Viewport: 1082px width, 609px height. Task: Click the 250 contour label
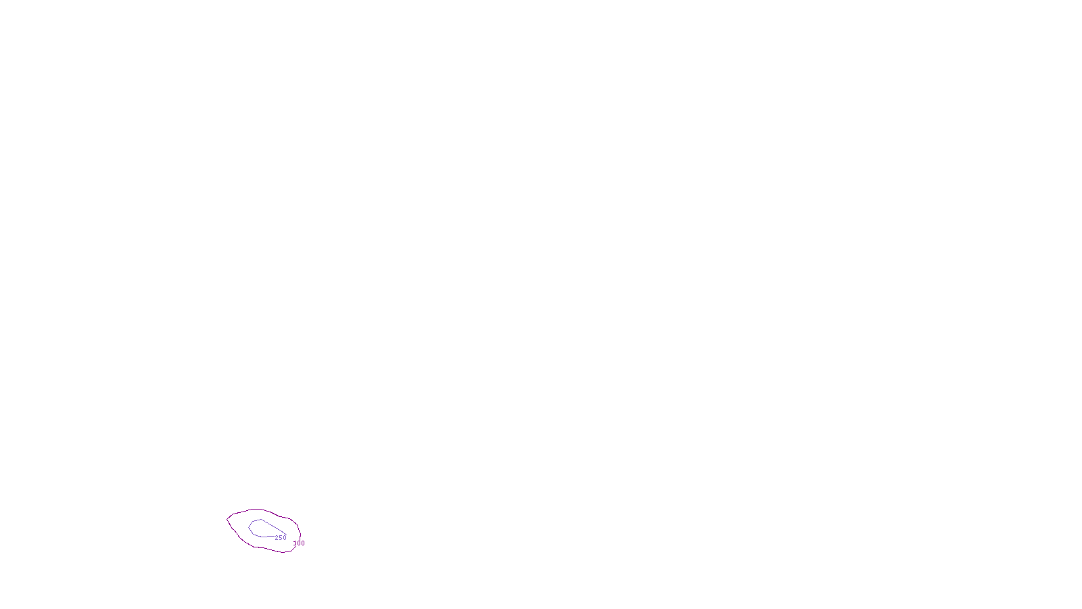tap(281, 538)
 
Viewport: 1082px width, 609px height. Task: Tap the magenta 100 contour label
tap(299, 543)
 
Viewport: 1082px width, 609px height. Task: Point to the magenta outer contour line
tap(257, 509)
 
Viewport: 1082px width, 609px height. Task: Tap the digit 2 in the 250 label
tap(277, 538)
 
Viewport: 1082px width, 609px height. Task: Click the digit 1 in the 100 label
tap(295, 543)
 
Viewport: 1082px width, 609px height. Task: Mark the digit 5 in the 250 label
tap(281, 538)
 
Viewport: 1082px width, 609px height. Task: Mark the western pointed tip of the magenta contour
tap(227, 519)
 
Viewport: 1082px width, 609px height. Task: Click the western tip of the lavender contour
tap(249, 526)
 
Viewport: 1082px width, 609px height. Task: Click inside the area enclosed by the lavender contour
tap(260, 528)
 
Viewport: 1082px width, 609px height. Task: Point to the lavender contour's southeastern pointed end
tap(284, 533)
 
